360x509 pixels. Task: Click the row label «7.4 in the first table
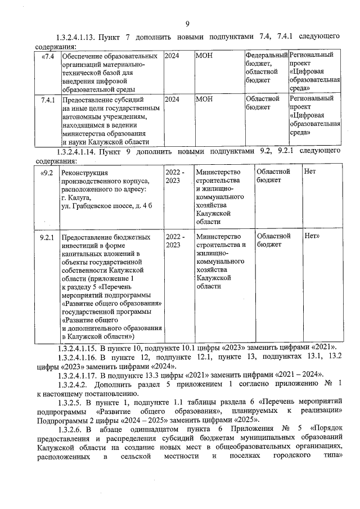pyautogui.click(x=48, y=56)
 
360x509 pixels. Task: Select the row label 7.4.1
pyautogui.click(x=48, y=100)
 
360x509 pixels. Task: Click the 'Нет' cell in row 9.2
pyautogui.click(x=309, y=172)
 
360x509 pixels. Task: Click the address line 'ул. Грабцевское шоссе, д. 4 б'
pyautogui.click(x=107, y=206)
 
